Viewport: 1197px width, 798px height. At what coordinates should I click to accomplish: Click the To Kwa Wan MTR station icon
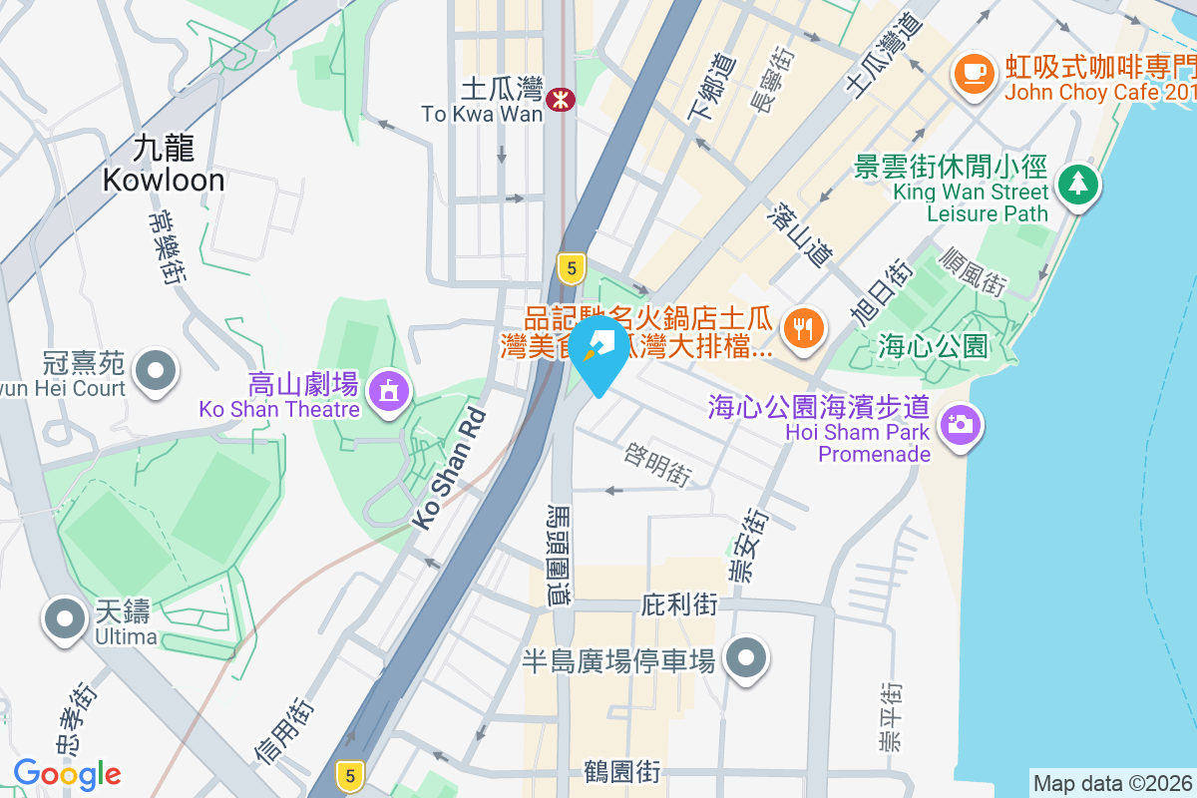click(x=561, y=97)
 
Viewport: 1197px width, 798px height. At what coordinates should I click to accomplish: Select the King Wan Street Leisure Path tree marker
click(x=1078, y=184)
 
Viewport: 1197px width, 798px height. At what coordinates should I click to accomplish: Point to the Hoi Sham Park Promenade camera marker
click(x=960, y=424)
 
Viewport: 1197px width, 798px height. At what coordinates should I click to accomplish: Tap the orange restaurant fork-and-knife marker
click(x=802, y=326)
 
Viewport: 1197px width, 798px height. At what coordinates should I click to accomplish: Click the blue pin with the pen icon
click(x=599, y=350)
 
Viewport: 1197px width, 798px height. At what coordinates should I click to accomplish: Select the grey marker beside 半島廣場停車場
click(x=746, y=658)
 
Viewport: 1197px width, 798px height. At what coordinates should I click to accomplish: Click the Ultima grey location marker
click(x=65, y=618)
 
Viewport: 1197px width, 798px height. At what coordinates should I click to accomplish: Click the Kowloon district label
click(x=163, y=165)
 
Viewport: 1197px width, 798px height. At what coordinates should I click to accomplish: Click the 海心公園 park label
click(x=933, y=346)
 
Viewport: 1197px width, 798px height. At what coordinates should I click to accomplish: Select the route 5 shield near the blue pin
click(x=570, y=267)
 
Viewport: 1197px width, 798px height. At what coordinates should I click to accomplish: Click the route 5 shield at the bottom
click(x=348, y=773)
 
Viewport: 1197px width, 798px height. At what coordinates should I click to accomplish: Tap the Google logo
click(x=67, y=774)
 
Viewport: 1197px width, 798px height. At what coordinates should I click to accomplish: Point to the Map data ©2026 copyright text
click(x=1111, y=784)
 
